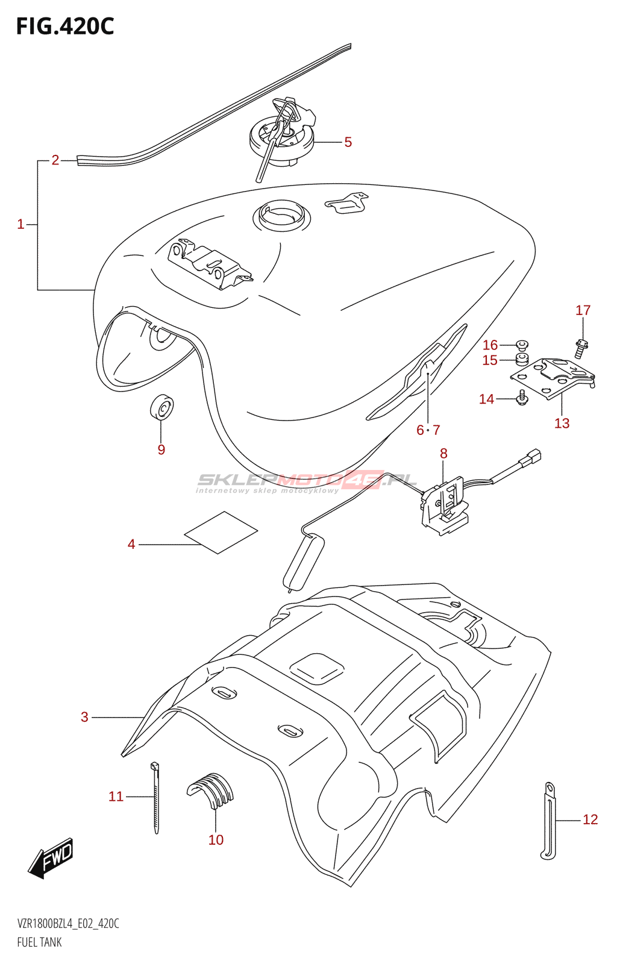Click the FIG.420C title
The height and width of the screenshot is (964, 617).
(64, 27)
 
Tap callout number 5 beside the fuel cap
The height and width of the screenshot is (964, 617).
(348, 142)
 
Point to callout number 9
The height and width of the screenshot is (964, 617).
(161, 449)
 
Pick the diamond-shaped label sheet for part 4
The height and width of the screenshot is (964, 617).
(221, 532)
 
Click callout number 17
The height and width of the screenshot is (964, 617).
(583, 310)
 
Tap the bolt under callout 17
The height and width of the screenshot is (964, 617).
(581, 348)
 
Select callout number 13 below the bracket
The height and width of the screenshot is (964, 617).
(562, 424)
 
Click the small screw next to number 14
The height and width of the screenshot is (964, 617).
(522, 397)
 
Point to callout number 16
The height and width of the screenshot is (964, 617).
(490, 345)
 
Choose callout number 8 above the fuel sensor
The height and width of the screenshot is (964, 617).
(443, 454)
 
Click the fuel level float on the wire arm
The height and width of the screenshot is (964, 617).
(303, 563)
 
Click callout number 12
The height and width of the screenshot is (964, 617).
(590, 819)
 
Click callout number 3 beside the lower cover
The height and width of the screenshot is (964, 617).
(85, 717)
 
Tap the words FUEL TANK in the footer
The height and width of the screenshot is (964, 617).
(39, 942)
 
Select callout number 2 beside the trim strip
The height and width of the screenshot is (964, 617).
(55, 160)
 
